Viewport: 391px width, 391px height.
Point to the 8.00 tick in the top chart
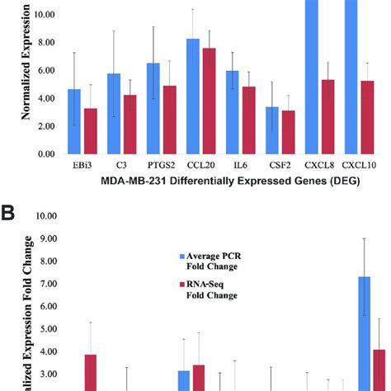[44, 42]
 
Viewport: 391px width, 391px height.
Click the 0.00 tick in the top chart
[44, 154]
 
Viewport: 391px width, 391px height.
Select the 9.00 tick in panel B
[44, 238]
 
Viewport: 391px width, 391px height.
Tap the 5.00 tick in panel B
[44, 328]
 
